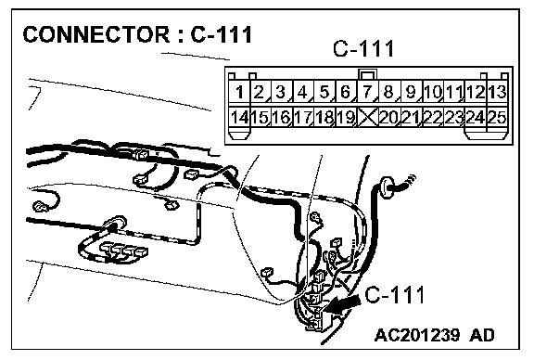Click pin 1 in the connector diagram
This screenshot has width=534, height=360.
click(x=239, y=91)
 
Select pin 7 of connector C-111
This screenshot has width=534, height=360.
click(x=367, y=91)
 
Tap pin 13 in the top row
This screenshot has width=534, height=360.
click(x=498, y=91)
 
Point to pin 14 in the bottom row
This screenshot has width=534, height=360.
click(x=239, y=117)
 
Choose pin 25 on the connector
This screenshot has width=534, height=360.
click(x=498, y=117)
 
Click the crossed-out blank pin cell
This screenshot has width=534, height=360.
click(x=367, y=117)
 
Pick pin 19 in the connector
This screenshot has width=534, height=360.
click(x=346, y=117)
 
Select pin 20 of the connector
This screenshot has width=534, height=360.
click(x=389, y=117)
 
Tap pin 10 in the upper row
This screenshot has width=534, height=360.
click(x=433, y=91)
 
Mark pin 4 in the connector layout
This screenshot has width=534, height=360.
click(x=302, y=91)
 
